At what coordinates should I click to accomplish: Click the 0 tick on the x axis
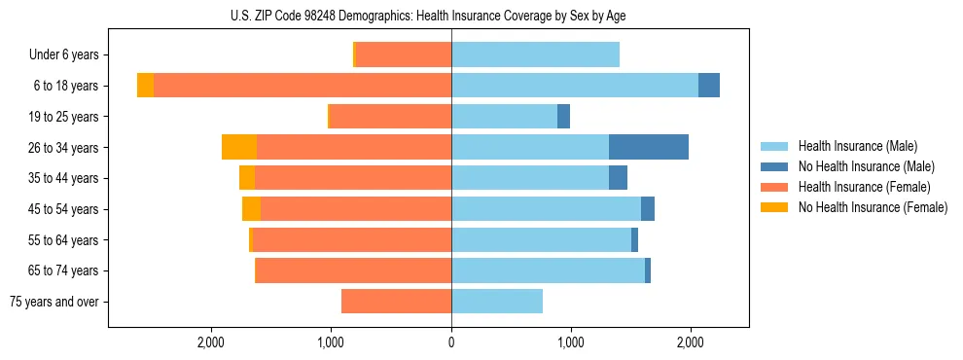(451, 342)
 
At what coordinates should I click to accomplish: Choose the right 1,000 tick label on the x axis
(571, 342)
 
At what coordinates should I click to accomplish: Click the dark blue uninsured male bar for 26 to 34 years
(649, 147)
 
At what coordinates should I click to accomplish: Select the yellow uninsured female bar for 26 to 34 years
(239, 147)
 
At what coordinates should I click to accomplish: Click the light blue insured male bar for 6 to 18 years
(574, 86)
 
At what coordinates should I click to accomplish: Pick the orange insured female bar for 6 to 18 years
(303, 86)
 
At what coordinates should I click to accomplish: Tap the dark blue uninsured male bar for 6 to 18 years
(709, 86)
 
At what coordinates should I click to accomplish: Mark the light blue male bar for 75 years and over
(497, 302)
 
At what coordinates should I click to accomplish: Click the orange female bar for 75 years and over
(396, 302)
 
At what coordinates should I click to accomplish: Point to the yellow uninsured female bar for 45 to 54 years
(251, 209)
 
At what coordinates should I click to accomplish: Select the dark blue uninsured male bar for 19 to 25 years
(563, 117)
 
